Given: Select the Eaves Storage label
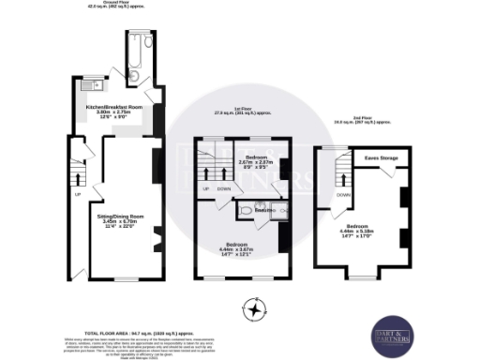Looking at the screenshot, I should tap(382, 157).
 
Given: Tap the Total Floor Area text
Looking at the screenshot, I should tap(145, 333).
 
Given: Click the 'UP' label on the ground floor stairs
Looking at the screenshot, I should tap(77, 195).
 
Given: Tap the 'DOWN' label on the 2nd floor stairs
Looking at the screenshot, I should tap(345, 195).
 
